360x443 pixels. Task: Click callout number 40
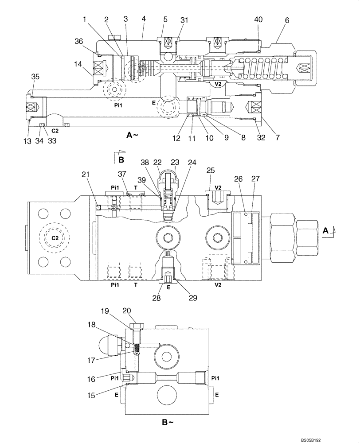(258, 19)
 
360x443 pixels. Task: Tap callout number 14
(78, 64)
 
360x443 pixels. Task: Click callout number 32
(261, 138)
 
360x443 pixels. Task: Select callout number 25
(211, 171)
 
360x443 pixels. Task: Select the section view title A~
(132, 136)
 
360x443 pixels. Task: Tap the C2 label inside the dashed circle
(55, 238)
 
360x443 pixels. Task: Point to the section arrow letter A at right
(325, 230)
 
